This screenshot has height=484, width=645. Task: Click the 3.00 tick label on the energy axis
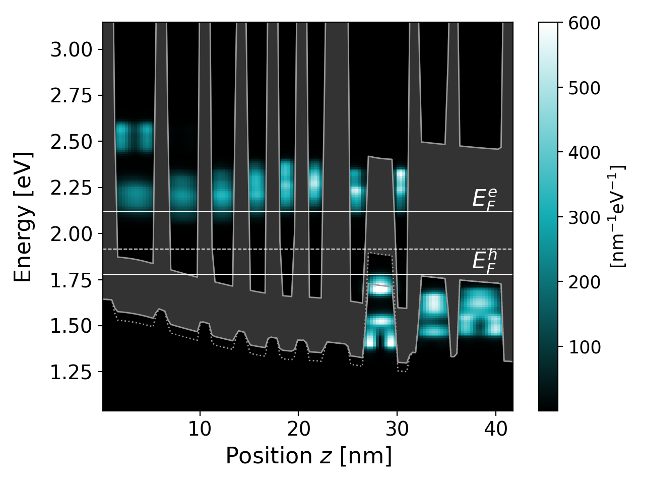[x=71, y=50]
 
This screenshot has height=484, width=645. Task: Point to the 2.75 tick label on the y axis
[x=71, y=96]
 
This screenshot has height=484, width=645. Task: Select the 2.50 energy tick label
[x=71, y=142]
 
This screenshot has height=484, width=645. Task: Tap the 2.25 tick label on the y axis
[x=71, y=188]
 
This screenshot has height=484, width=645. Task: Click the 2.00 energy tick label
[x=71, y=234]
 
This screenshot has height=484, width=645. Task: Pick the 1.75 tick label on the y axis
[x=71, y=280]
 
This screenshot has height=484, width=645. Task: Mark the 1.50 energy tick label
[x=71, y=326]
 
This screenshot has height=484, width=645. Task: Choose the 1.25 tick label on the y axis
[x=71, y=372]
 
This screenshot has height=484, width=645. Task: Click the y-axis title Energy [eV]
[x=23, y=217]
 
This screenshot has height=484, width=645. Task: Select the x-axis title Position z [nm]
[x=308, y=456]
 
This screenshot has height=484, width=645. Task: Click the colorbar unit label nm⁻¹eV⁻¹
[x=618, y=217]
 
